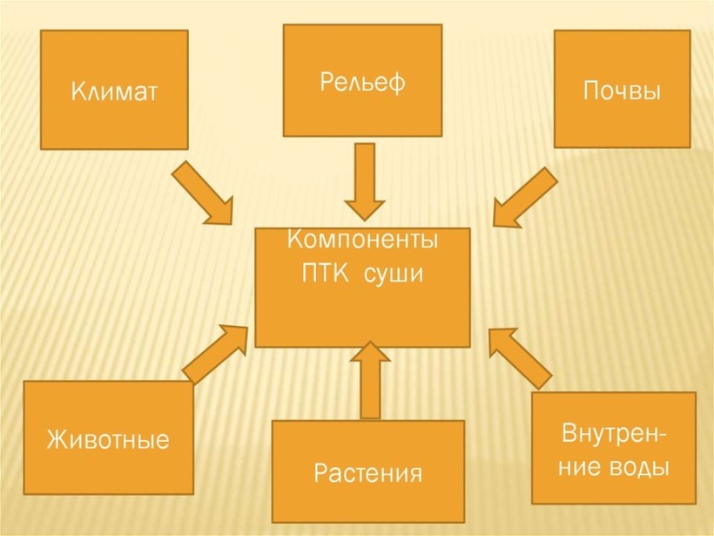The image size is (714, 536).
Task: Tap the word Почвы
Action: (621, 91)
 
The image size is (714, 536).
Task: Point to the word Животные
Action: (108, 438)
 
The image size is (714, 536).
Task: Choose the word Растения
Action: (367, 474)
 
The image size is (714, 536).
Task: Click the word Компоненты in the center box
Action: (362, 238)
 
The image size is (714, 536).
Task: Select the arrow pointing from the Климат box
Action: (203, 193)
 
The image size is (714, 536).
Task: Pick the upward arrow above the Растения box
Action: (371, 379)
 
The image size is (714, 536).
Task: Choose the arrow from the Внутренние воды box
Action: (520, 356)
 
